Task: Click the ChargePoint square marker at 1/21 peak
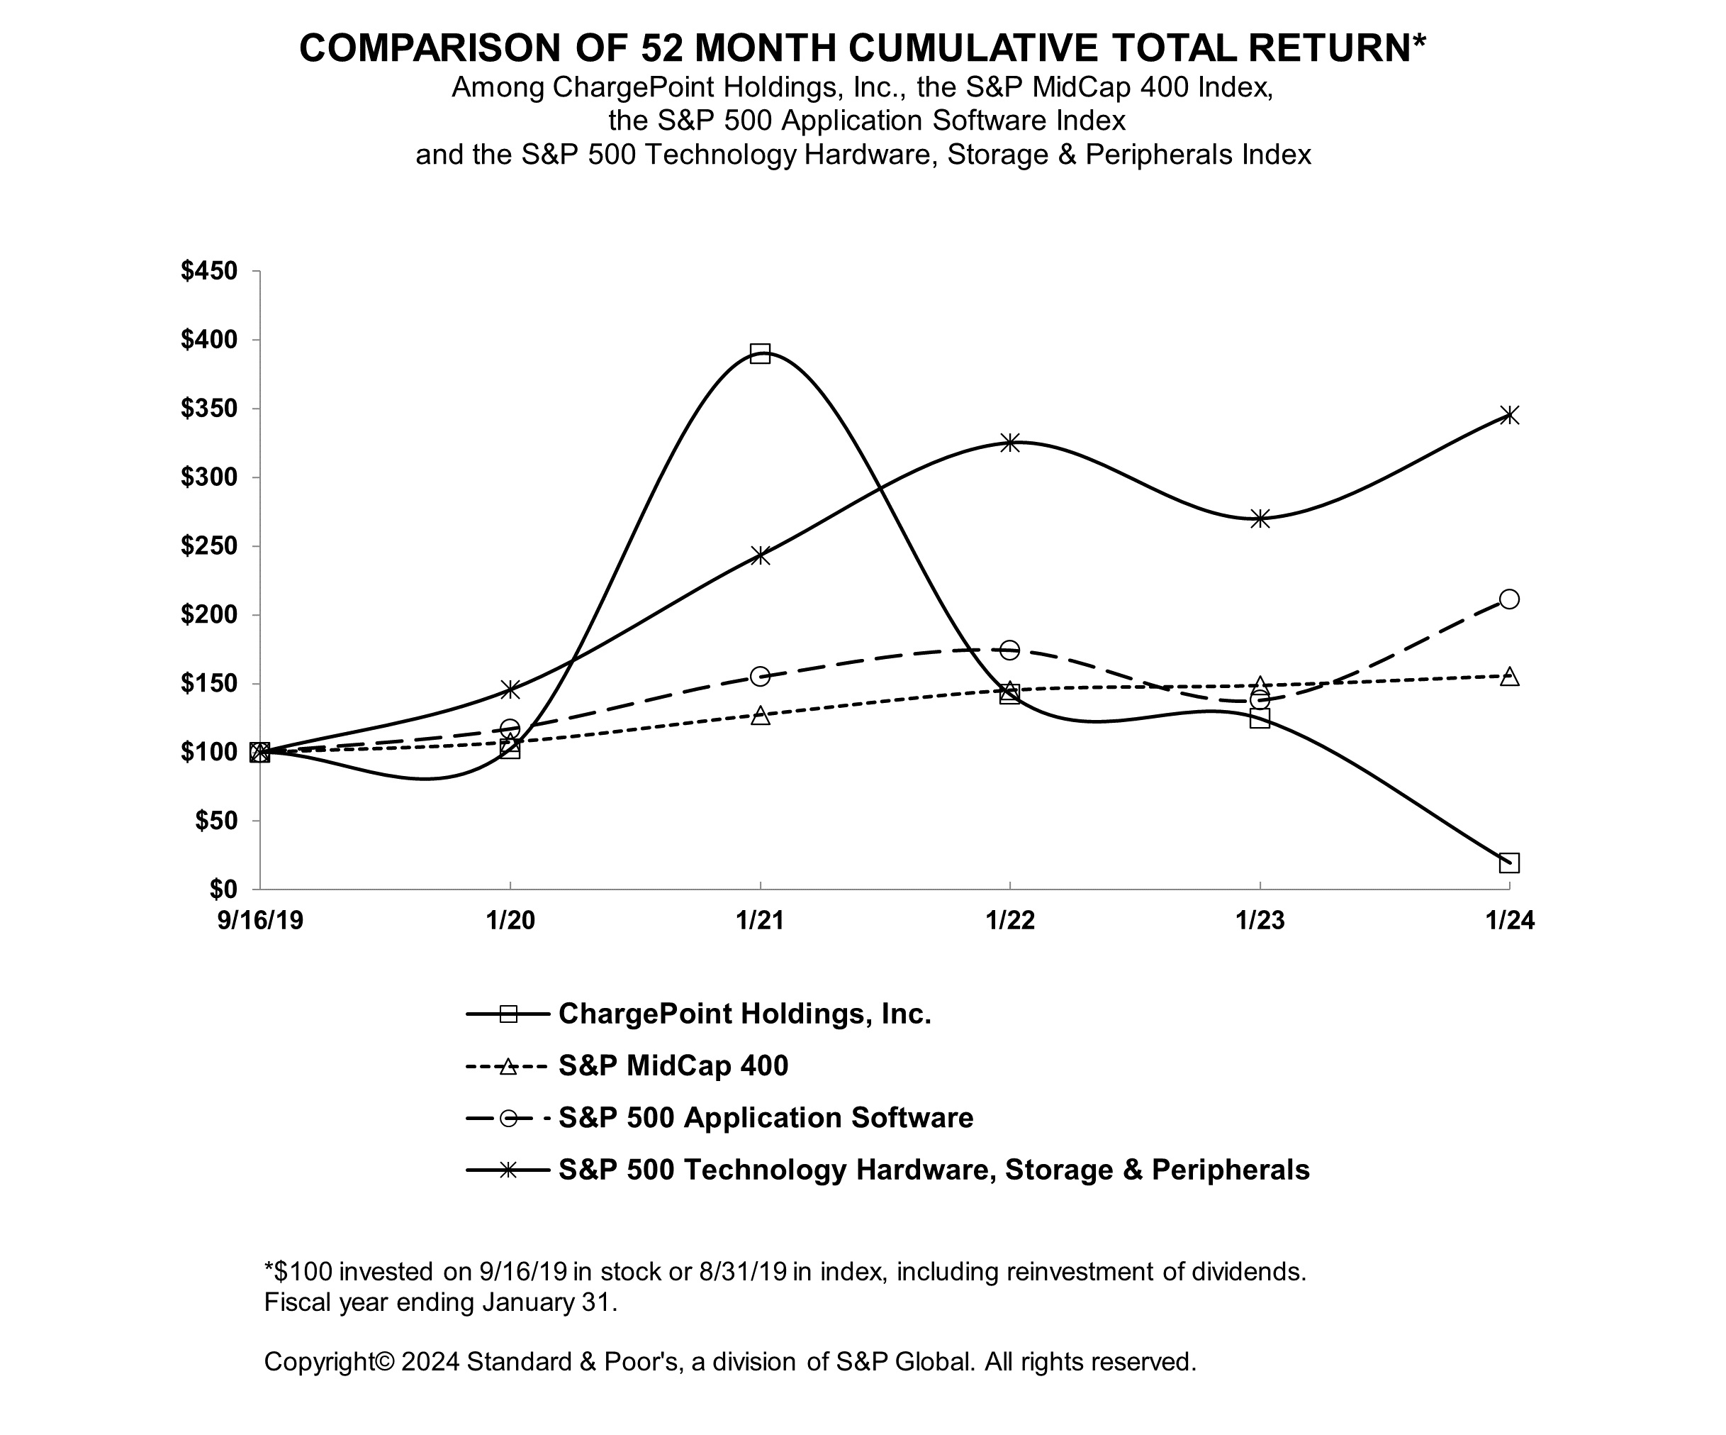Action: click(x=761, y=354)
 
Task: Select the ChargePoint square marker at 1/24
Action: click(x=1509, y=863)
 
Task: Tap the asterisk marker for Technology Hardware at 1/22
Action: click(x=1010, y=443)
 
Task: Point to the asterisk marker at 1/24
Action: click(x=1509, y=414)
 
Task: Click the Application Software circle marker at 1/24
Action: click(x=1509, y=599)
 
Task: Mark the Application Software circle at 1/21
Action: click(x=761, y=676)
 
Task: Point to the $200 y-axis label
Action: click(x=209, y=614)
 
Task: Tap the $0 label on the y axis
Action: click(x=222, y=889)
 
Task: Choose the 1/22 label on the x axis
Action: click(x=1010, y=920)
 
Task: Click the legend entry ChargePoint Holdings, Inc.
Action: click(x=744, y=1014)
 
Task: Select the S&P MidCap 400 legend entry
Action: click(x=672, y=1065)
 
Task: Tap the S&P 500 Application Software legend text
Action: click(x=766, y=1118)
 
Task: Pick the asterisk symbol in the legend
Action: click(x=509, y=1170)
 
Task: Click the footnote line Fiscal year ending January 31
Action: click(x=439, y=1302)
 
